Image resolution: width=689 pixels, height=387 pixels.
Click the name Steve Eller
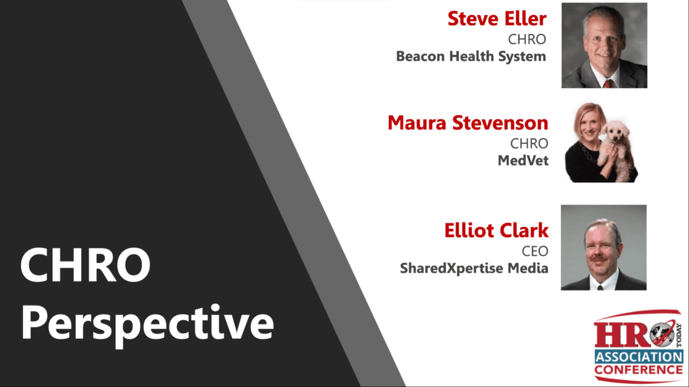click(x=497, y=18)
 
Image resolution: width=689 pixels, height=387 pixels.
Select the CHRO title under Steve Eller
click(x=527, y=40)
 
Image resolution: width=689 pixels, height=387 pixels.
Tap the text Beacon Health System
click(x=471, y=57)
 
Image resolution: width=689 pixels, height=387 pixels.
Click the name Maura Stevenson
click(x=468, y=123)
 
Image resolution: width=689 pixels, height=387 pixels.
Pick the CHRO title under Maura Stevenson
click(x=529, y=143)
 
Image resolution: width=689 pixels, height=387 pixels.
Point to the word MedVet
click(x=523, y=161)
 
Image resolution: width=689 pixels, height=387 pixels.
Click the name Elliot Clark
click(x=496, y=230)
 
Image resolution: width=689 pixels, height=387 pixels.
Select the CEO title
click(x=535, y=251)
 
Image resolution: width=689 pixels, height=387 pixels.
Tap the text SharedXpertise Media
click(x=474, y=268)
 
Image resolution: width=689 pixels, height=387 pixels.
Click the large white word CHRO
click(x=86, y=265)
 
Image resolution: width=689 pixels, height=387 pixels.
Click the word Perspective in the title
click(x=148, y=325)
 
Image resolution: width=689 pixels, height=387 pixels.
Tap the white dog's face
click(x=616, y=131)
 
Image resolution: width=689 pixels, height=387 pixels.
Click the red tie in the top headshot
click(x=608, y=84)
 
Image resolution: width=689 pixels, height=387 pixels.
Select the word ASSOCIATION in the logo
click(x=639, y=357)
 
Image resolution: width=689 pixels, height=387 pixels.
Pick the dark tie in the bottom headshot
click(x=600, y=287)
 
